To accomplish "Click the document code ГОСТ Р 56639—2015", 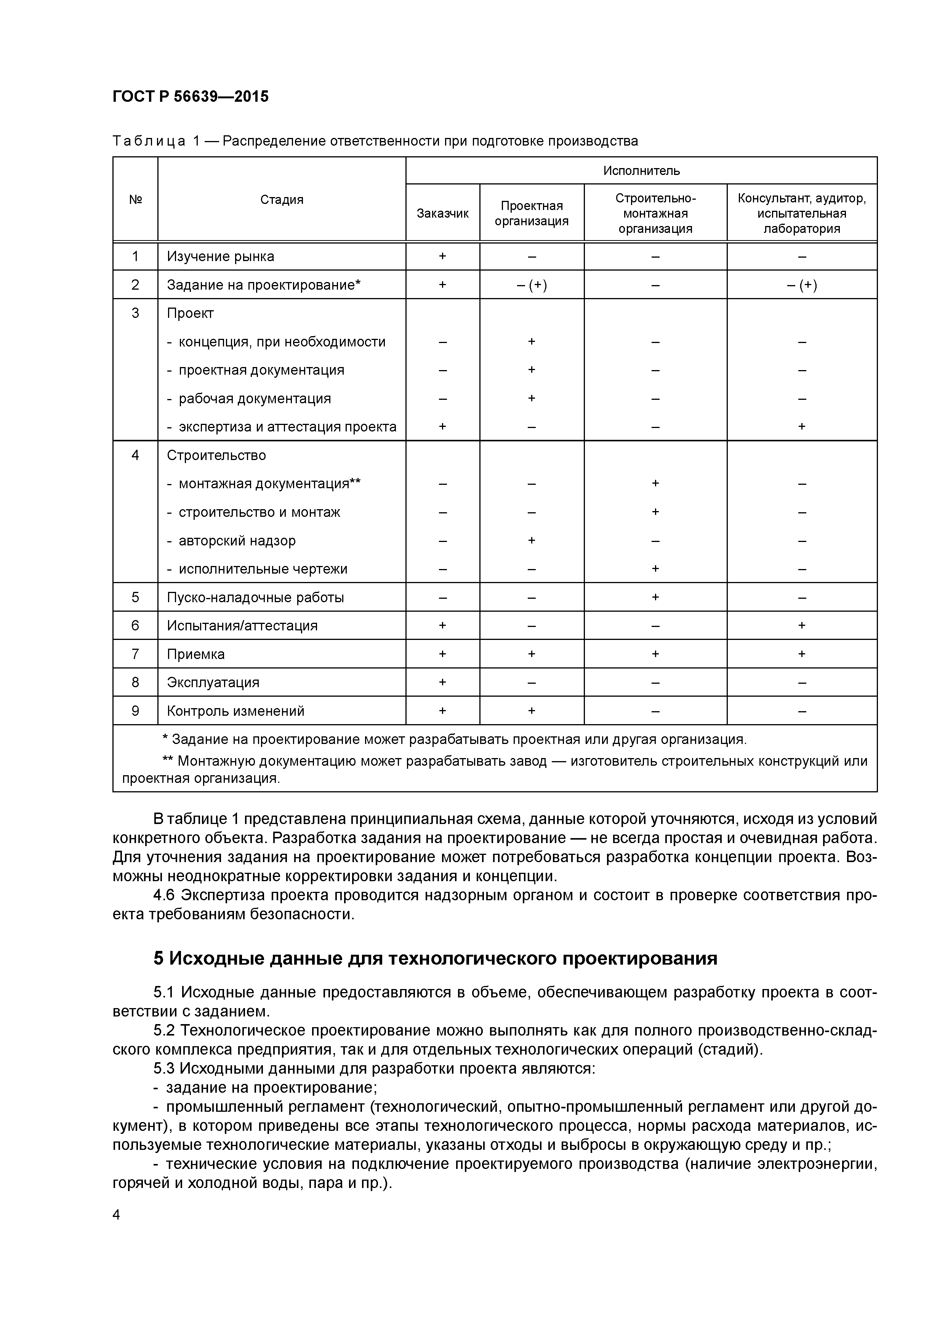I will [191, 97].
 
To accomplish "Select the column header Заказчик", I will [442, 213].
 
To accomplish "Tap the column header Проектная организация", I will [531, 213].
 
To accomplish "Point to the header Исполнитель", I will [641, 171].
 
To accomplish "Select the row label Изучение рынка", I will [220, 256].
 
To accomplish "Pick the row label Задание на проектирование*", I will [263, 285].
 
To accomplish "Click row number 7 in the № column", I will [135, 654].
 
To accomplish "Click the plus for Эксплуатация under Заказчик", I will [442, 682].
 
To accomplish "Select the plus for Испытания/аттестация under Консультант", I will [801, 625].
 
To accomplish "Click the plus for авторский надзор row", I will [531, 540].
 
